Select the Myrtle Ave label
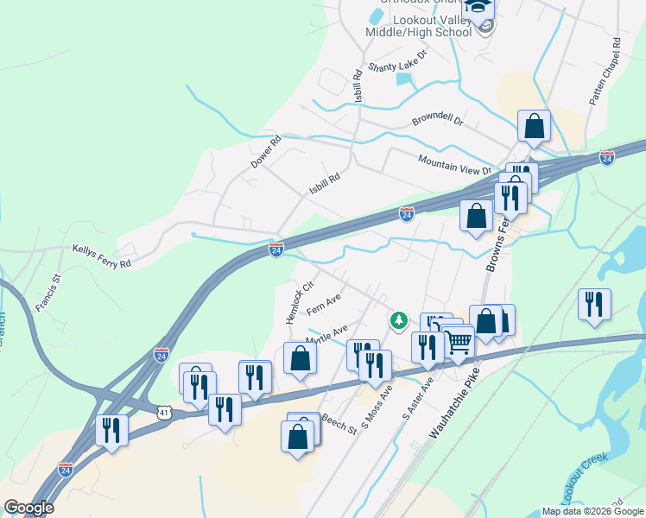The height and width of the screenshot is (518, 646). pos(326,334)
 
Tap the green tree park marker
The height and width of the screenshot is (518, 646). pos(398,321)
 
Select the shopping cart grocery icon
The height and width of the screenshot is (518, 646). pos(458,341)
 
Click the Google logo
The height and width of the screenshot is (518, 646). pos(28,508)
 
